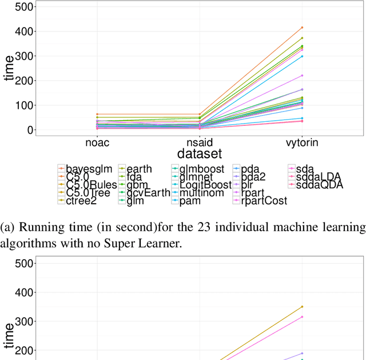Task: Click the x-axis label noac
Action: click(97, 141)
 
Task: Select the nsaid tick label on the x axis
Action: click(199, 141)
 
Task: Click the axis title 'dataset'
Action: click(199, 153)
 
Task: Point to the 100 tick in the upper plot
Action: click(25, 105)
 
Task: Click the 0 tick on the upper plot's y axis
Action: click(30, 130)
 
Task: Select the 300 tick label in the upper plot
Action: click(25, 56)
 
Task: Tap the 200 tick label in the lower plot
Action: click(25, 350)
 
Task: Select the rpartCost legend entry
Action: click(264, 201)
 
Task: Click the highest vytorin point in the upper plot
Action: click(302, 27)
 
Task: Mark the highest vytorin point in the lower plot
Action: click(302, 307)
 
